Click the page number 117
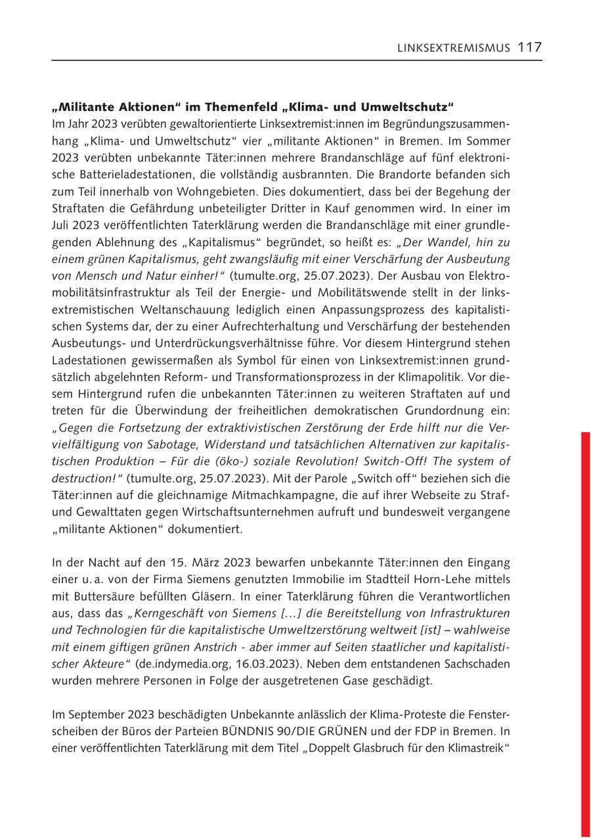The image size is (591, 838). pos(529,47)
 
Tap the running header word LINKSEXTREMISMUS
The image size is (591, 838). pos(454,48)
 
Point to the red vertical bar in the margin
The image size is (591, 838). pos(586,630)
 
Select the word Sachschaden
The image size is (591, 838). pos(475,664)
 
